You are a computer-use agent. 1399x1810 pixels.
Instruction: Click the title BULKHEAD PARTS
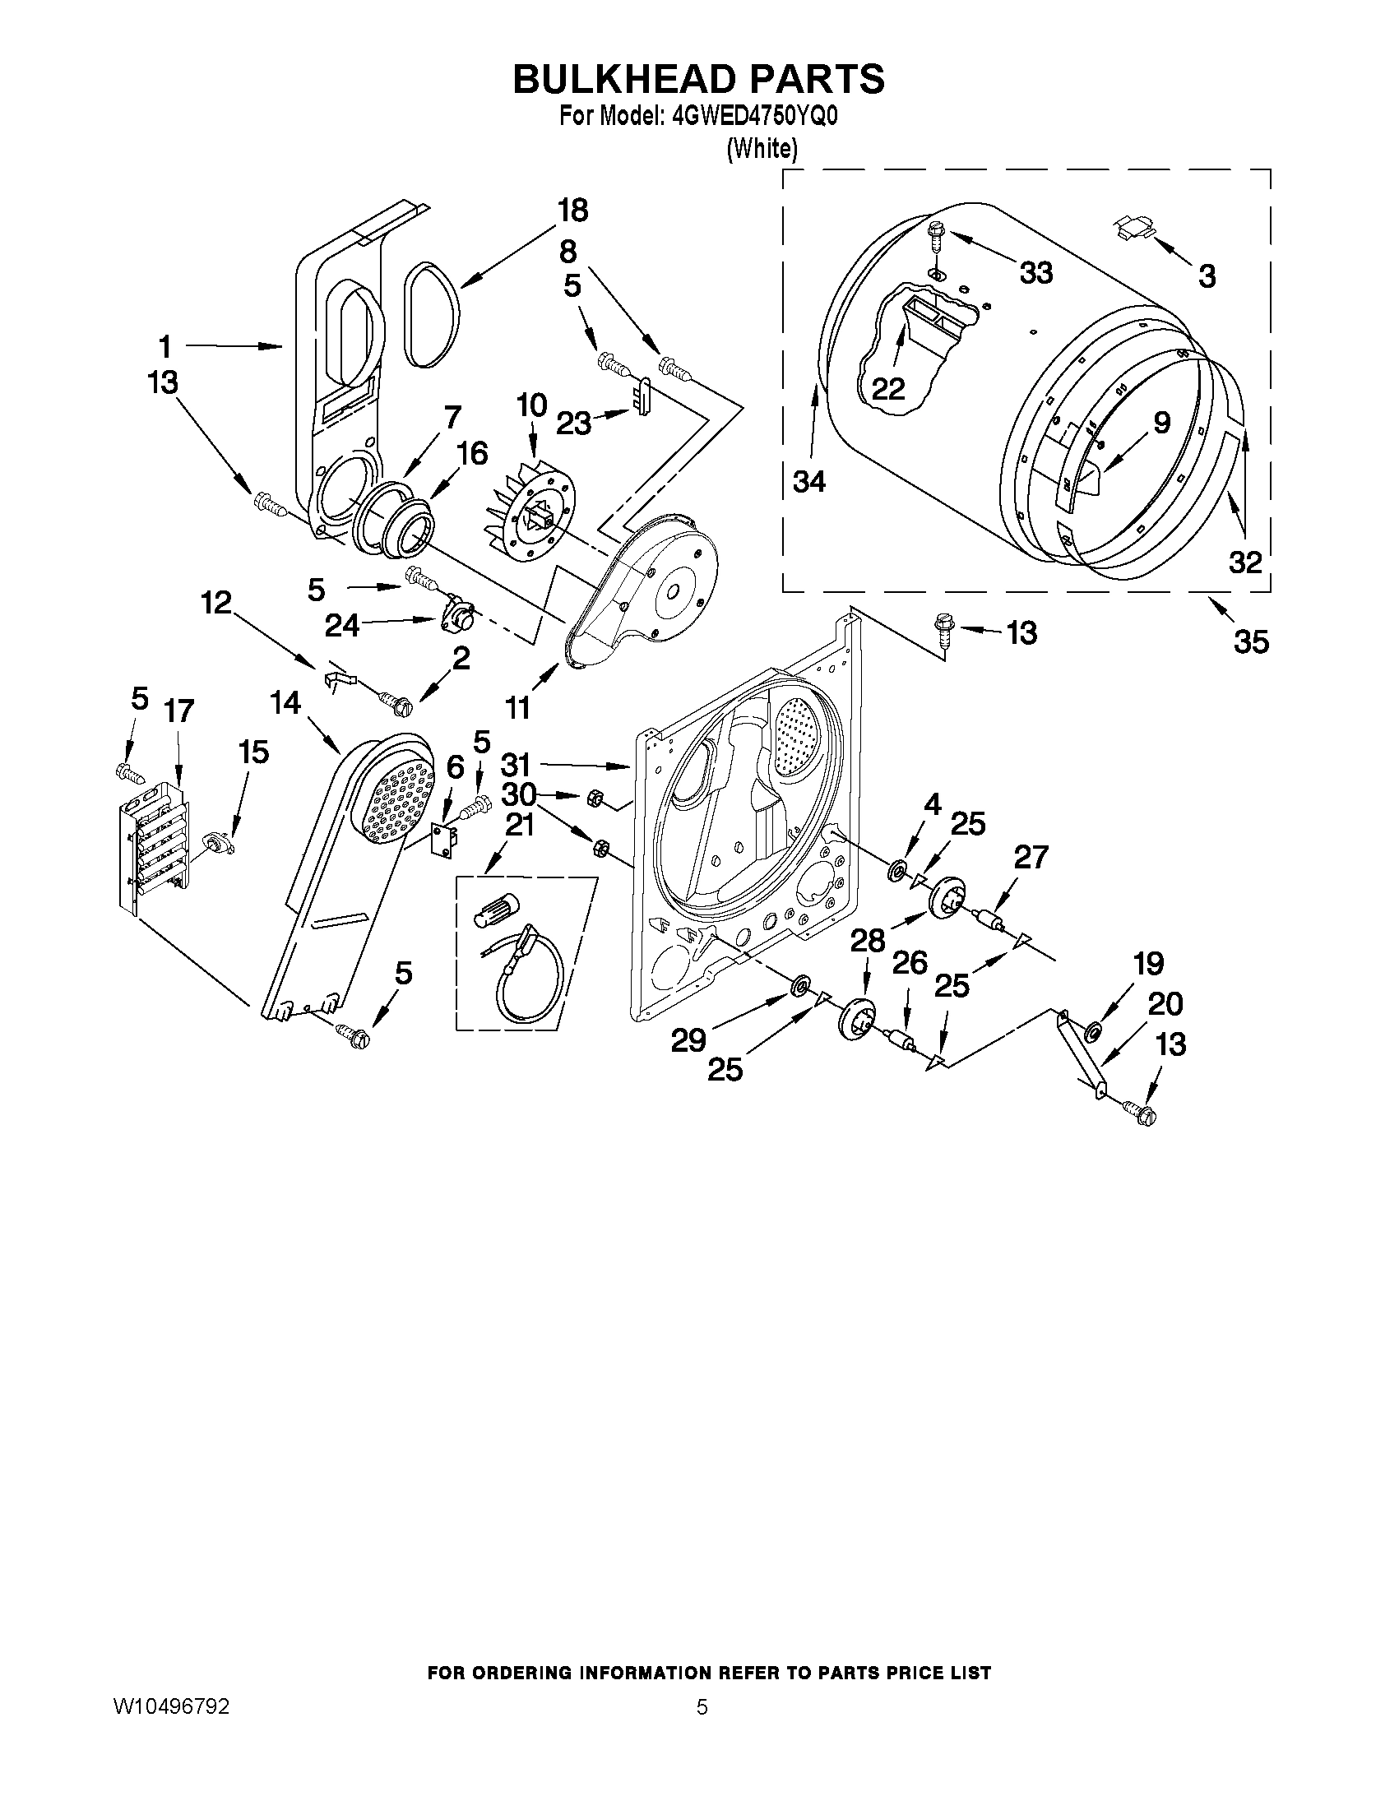(x=698, y=79)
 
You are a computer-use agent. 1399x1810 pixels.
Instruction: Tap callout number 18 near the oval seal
(x=572, y=211)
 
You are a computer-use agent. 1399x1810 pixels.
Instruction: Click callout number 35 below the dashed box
(x=1251, y=641)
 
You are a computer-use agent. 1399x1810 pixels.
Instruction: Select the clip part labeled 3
(x=1133, y=225)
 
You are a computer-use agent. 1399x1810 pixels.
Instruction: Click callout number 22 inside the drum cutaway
(x=887, y=389)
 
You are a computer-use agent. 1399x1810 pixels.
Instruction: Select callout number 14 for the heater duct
(x=285, y=703)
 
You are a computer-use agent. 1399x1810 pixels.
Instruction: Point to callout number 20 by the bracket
(x=1165, y=1003)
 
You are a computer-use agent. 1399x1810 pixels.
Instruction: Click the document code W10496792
(x=172, y=1706)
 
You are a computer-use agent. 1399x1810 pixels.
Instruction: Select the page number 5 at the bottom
(x=702, y=1706)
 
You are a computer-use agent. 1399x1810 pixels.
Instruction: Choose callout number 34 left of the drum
(x=809, y=481)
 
